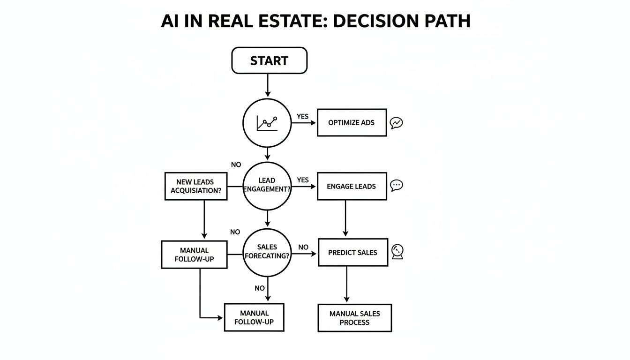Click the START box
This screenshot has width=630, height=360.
(269, 60)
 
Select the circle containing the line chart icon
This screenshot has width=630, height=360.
(267, 123)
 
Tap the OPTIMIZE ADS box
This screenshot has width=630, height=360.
(352, 123)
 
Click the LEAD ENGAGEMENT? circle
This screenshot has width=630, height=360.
(267, 186)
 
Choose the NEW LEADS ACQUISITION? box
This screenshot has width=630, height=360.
(196, 186)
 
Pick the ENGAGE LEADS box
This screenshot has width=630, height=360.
(352, 186)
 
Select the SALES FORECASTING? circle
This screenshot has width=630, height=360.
(267, 252)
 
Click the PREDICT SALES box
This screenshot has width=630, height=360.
(352, 253)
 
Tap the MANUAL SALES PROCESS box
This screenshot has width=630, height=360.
(354, 318)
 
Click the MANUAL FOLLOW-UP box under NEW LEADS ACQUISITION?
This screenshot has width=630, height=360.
(194, 255)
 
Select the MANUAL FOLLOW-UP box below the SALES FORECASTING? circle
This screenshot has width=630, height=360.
(254, 317)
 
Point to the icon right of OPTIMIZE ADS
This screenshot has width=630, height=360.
(397, 123)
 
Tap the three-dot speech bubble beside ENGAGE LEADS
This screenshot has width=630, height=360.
(397, 185)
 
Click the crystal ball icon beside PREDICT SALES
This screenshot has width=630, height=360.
(397, 252)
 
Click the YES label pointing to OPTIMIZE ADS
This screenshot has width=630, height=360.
(303, 116)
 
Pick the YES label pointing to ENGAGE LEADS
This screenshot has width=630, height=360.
(303, 180)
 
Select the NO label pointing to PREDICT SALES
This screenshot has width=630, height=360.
(303, 247)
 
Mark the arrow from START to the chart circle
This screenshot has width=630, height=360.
(267, 85)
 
